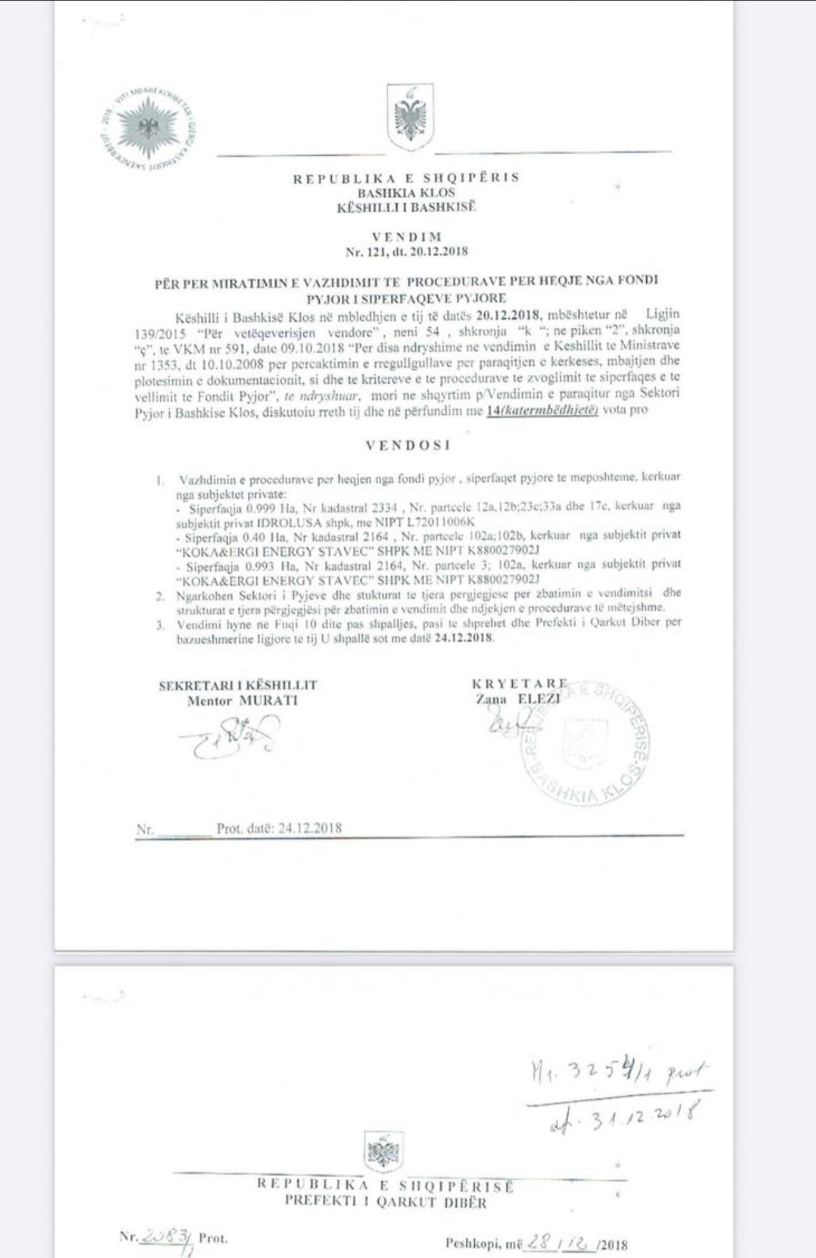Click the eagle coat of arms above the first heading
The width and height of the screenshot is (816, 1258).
pyautogui.click(x=410, y=118)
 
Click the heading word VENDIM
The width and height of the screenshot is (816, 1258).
pyautogui.click(x=407, y=237)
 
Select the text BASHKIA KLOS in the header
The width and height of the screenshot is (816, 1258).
pyautogui.click(x=407, y=193)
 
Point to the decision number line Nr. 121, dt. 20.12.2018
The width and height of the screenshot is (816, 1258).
pyautogui.click(x=407, y=252)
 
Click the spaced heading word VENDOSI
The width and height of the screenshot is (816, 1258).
pyautogui.click(x=408, y=445)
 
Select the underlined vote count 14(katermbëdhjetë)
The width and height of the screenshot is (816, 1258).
pyautogui.click(x=542, y=410)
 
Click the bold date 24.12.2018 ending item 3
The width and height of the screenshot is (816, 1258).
pyautogui.click(x=464, y=638)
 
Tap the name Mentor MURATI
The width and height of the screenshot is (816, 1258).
pyautogui.click(x=242, y=701)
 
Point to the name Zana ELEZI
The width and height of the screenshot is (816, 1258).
pyautogui.click(x=518, y=699)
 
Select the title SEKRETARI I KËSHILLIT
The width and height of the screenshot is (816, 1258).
pyautogui.click(x=238, y=685)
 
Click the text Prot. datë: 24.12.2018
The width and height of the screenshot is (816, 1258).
pyautogui.click(x=279, y=829)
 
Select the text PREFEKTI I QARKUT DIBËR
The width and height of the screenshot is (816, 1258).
pyautogui.click(x=385, y=1201)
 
